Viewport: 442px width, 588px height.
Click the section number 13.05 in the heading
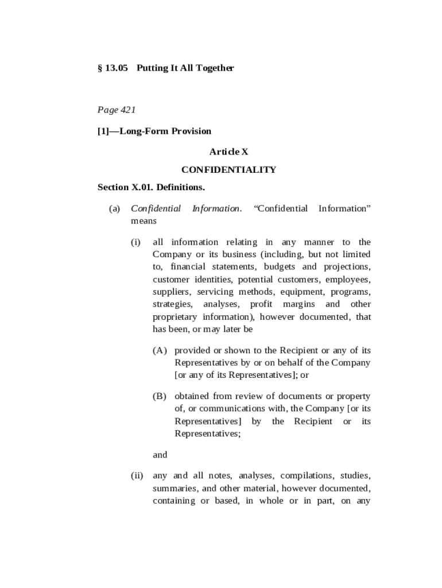tap(115, 68)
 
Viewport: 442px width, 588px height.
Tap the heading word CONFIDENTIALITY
tap(228, 169)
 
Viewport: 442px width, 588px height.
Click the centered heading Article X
tap(228, 152)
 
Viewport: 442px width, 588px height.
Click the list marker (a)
tap(115, 208)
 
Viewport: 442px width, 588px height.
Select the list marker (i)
tap(136, 242)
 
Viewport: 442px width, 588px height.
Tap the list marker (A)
tap(160, 350)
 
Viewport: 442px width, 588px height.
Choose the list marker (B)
tap(160, 396)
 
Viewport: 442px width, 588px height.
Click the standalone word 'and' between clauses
tap(160, 455)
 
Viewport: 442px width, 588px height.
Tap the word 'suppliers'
tap(170, 292)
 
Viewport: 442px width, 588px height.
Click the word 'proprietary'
tap(175, 317)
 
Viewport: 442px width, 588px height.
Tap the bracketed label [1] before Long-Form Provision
tap(104, 131)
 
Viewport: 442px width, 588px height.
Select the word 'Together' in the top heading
tap(215, 68)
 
